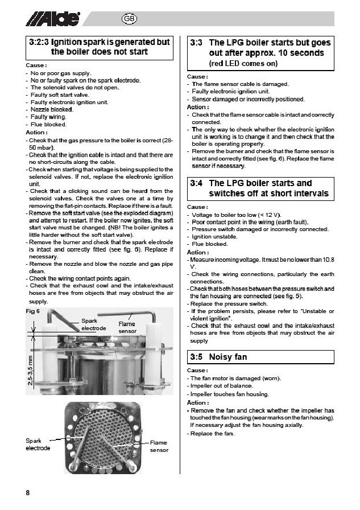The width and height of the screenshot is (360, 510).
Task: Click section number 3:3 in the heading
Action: pyautogui.click(x=196, y=43)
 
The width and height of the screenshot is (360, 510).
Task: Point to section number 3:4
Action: pyautogui.click(x=196, y=183)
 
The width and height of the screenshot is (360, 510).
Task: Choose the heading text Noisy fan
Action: pyautogui.click(x=228, y=357)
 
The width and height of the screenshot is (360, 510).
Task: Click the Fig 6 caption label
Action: pyautogui.click(x=33, y=311)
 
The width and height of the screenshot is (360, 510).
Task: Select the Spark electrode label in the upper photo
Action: pyautogui.click(x=94, y=324)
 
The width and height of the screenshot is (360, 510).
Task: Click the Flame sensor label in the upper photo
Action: pyautogui.click(x=127, y=327)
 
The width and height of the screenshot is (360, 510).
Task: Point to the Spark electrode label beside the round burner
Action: pyautogui.click(x=38, y=444)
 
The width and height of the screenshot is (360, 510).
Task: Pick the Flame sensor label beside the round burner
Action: pyautogui.click(x=159, y=446)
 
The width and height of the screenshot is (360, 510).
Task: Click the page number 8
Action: pyautogui.click(x=28, y=492)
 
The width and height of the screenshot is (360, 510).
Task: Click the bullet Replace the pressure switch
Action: pyautogui.click(x=225, y=304)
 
